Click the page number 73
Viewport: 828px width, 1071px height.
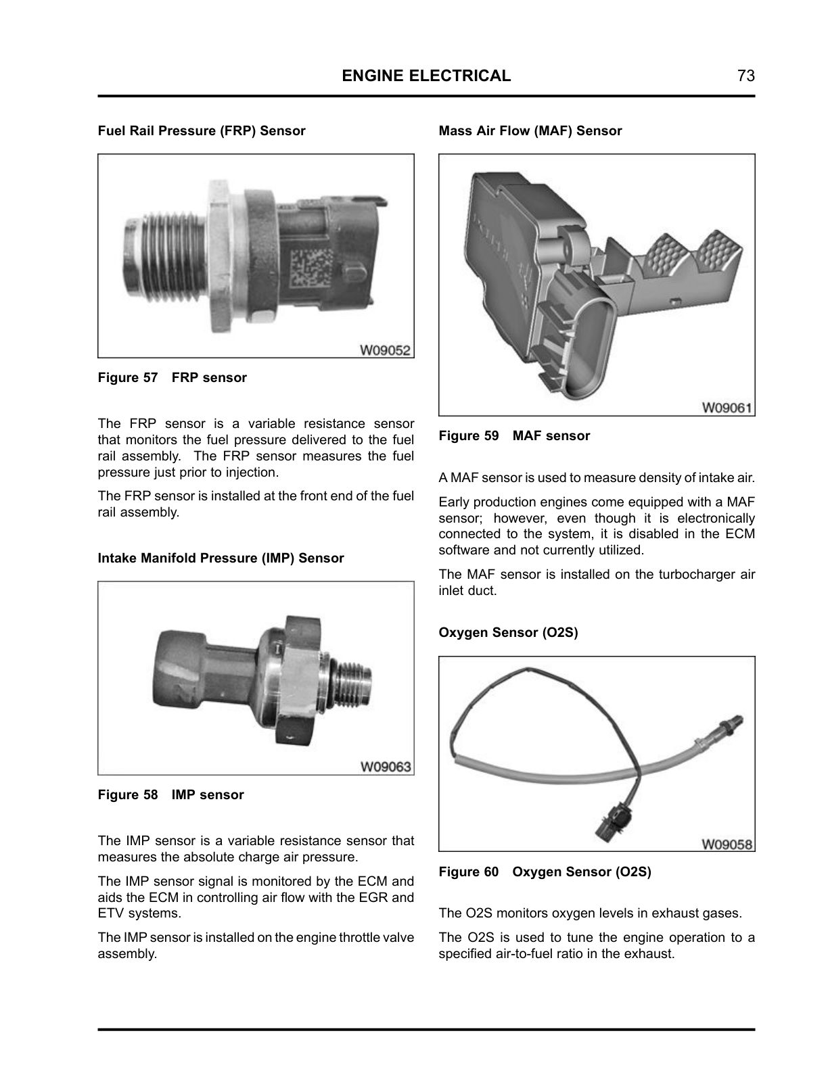tap(745, 76)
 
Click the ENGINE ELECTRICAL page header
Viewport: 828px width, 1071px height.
tap(426, 76)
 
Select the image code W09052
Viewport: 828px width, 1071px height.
tap(385, 350)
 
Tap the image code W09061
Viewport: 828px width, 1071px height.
tap(727, 408)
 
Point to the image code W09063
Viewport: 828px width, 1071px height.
tap(386, 767)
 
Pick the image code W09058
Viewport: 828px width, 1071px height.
tap(727, 844)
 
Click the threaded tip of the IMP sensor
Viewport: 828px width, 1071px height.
tap(352, 686)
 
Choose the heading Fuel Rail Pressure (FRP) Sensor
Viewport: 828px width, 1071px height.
tap(202, 130)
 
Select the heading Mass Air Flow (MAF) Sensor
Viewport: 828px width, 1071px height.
tap(530, 130)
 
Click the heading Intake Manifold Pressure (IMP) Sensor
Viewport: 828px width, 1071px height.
tap(221, 558)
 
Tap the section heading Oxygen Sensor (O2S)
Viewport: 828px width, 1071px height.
tap(509, 632)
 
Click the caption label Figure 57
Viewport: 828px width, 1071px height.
tap(128, 377)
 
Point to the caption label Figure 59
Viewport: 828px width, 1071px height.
tap(469, 435)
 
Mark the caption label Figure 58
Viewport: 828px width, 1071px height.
tap(128, 794)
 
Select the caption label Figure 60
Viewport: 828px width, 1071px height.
tap(469, 872)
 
